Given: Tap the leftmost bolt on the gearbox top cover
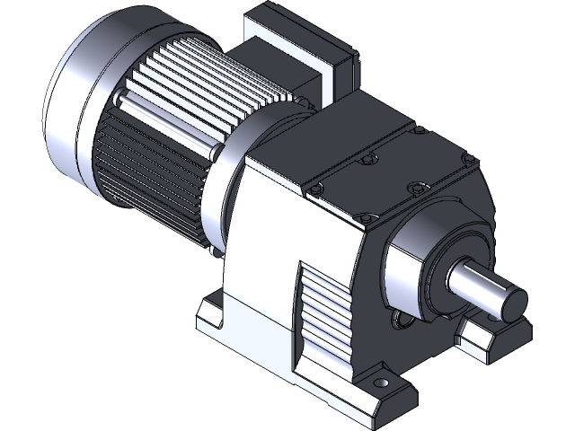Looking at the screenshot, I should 315,189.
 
